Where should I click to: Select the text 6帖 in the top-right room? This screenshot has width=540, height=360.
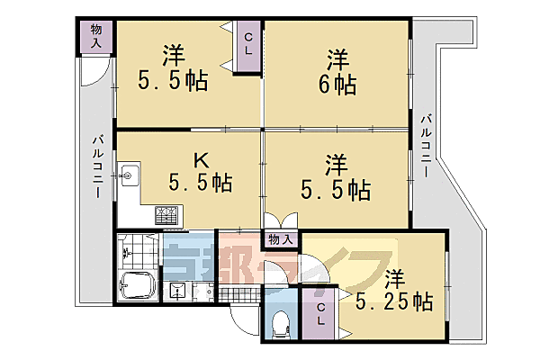(338, 85)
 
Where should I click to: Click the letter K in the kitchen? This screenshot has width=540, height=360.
(203, 159)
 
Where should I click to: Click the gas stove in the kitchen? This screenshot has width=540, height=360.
(167, 215)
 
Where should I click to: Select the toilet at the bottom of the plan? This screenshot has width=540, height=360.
(278, 320)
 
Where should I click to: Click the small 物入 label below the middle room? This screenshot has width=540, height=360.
(280, 239)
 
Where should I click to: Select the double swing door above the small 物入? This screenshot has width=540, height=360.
(280, 220)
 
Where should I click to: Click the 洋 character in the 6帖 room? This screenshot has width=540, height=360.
(338, 60)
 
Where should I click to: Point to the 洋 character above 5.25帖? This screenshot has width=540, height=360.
(394, 276)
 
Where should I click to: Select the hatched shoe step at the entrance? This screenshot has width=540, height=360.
(236, 293)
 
